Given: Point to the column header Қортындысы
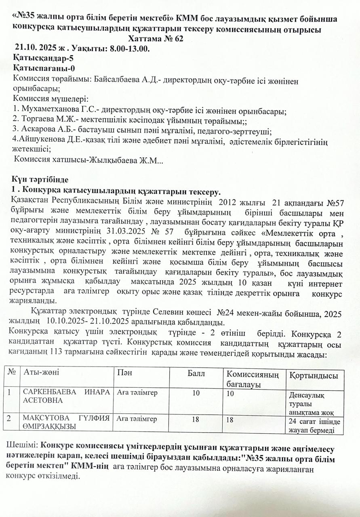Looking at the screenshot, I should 313,376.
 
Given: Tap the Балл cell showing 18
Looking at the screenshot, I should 195,420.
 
